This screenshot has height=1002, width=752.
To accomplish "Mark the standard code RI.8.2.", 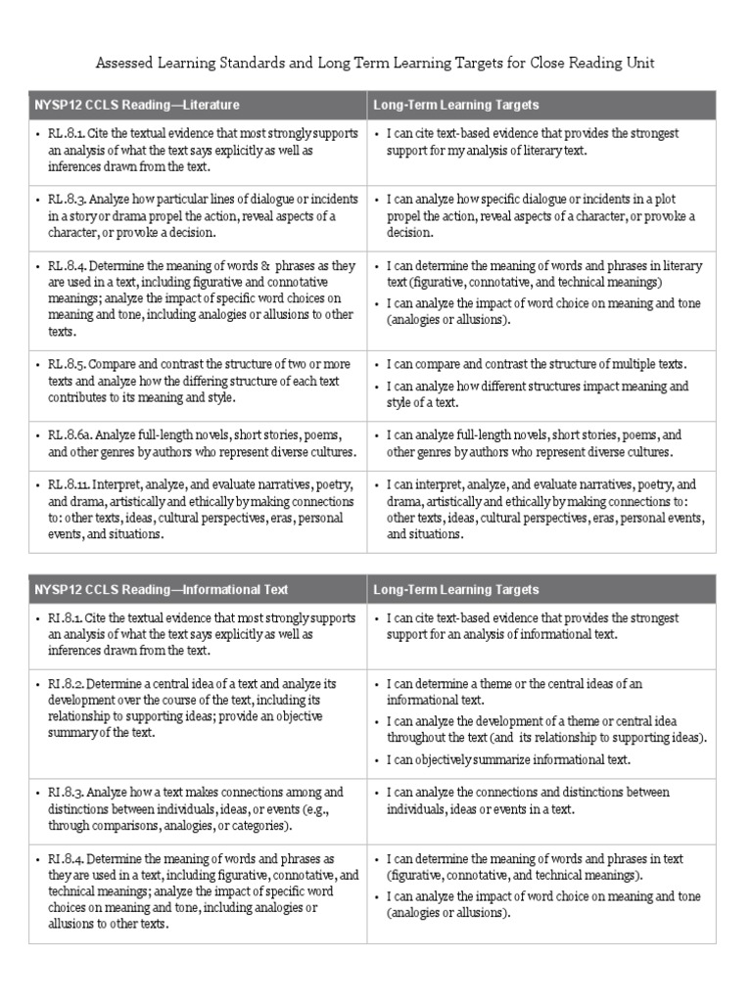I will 66,684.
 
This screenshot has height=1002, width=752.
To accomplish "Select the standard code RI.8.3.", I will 66,792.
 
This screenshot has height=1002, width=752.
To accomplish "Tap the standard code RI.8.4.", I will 66,858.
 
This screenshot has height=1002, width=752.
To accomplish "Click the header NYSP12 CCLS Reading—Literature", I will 137,105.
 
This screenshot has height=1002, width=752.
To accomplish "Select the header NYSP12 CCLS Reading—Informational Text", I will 162,590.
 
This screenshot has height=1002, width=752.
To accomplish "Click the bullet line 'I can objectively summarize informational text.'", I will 508,759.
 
